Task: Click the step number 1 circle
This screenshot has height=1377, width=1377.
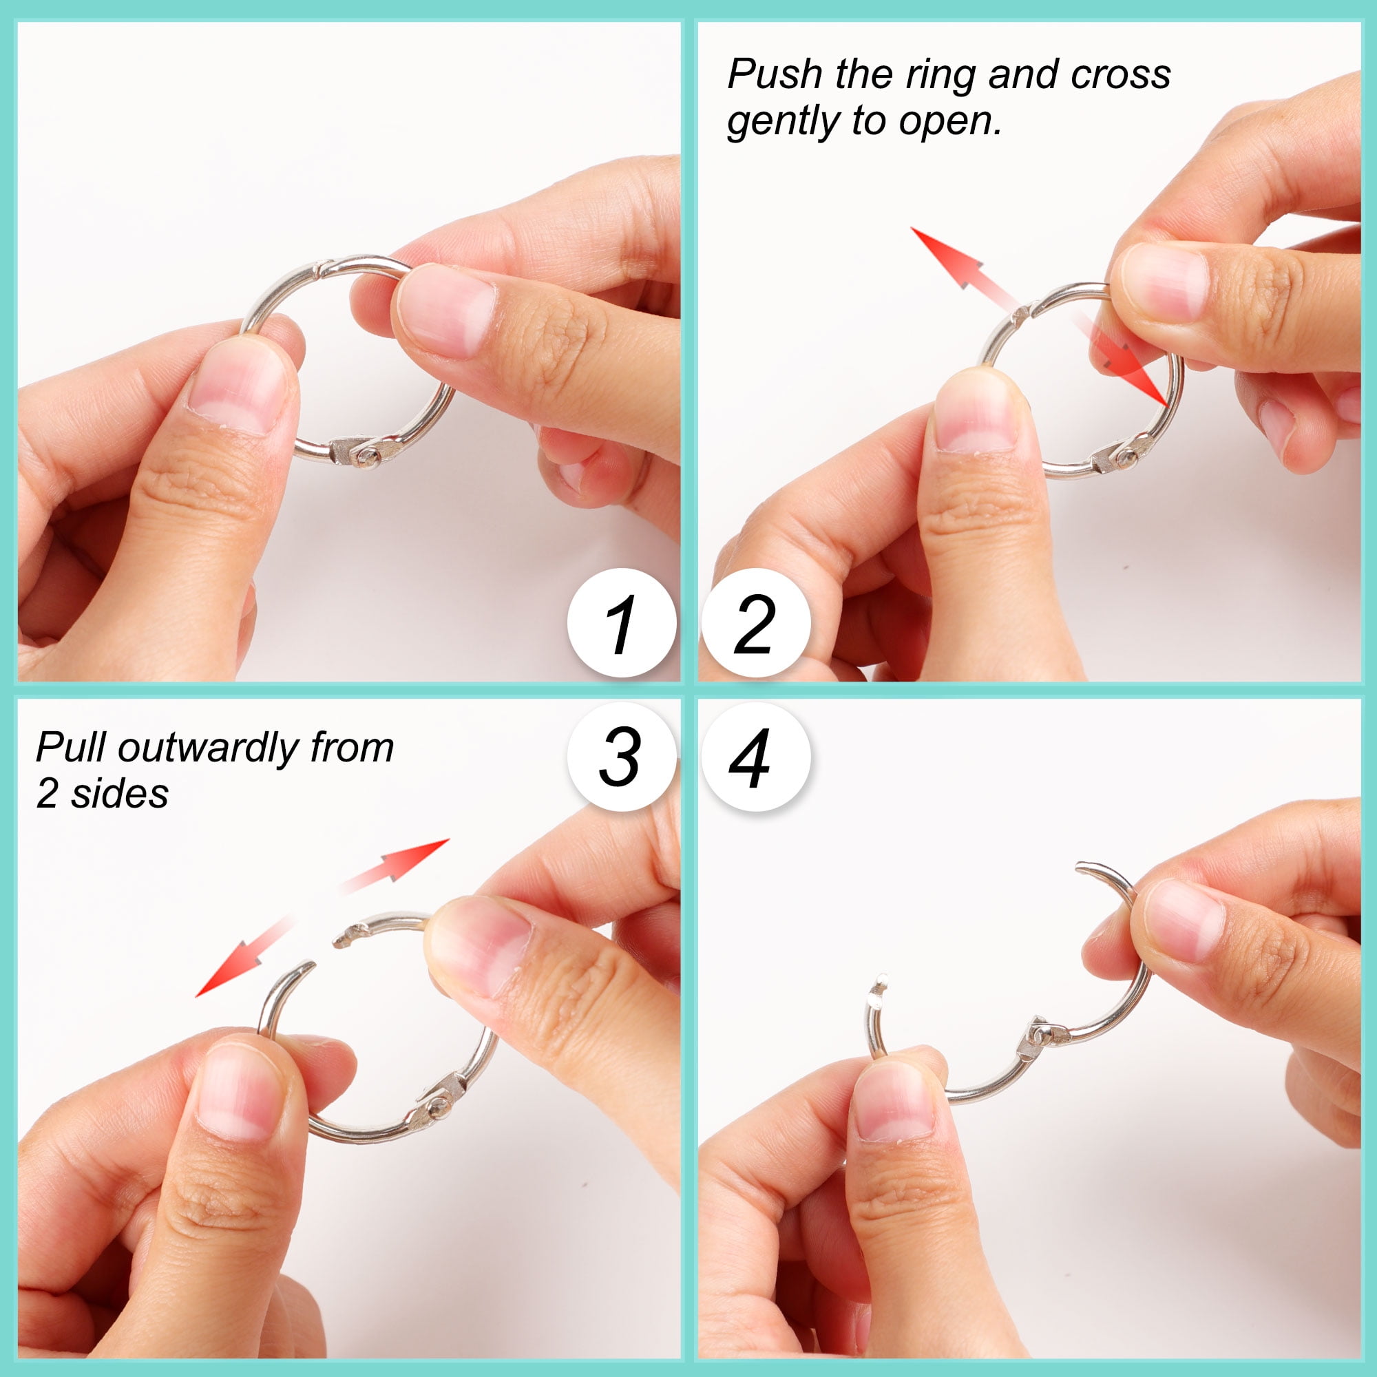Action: tap(622, 623)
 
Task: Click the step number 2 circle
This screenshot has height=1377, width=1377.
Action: tap(755, 623)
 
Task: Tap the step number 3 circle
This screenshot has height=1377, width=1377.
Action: tap(622, 757)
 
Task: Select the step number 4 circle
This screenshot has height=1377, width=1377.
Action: tap(755, 757)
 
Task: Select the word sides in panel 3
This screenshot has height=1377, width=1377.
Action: tap(120, 793)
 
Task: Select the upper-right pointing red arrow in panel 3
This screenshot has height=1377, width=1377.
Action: tap(397, 865)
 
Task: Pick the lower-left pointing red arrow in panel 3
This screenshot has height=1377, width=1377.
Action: tap(245, 956)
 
